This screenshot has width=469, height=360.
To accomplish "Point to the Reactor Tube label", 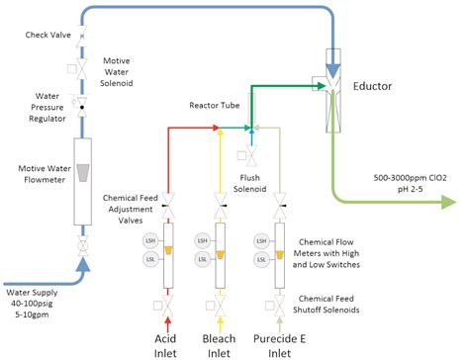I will tap(211, 104).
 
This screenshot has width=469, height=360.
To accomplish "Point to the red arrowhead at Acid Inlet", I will tap(169, 319).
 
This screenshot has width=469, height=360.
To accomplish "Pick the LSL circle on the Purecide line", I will tap(257, 258).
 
